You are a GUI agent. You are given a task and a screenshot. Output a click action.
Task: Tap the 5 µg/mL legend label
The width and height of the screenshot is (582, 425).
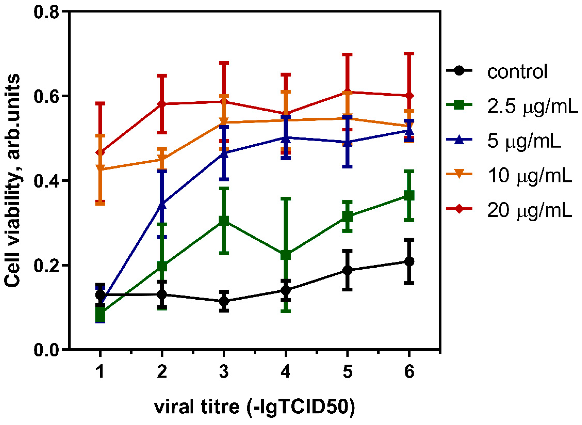pyautogui.click(x=524, y=141)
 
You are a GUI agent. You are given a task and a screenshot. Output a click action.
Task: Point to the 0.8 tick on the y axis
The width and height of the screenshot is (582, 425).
pyautogui.click(x=46, y=12)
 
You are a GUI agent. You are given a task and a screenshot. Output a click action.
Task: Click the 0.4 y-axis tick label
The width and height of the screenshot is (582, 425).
pyautogui.click(x=46, y=181)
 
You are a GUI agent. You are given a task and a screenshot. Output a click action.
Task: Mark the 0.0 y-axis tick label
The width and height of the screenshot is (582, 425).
pyautogui.click(x=46, y=350)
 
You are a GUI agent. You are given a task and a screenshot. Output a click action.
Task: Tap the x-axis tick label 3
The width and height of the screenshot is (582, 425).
pyautogui.click(x=224, y=372)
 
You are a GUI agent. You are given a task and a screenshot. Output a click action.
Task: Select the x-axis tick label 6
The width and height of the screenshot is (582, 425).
pyautogui.click(x=409, y=372)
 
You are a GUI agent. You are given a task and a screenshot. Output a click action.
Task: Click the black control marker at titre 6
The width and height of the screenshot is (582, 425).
pyautogui.click(x=409, y=261)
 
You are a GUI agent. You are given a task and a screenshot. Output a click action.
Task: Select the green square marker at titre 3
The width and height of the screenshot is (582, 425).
pyautogui.click(x=224, y=221)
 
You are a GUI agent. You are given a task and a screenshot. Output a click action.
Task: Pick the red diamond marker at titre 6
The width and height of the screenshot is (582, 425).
pyautogui.click(x=409, y=96)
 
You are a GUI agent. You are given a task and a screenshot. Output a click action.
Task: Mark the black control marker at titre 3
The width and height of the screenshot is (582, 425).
pyautogui.click(x=224, y=301)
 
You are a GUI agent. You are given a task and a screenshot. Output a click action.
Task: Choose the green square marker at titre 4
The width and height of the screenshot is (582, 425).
pyautogui.click(x=286, y=255)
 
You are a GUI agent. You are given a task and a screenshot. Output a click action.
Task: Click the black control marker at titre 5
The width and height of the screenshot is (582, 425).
pyautogui.click(x=347, y=270)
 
